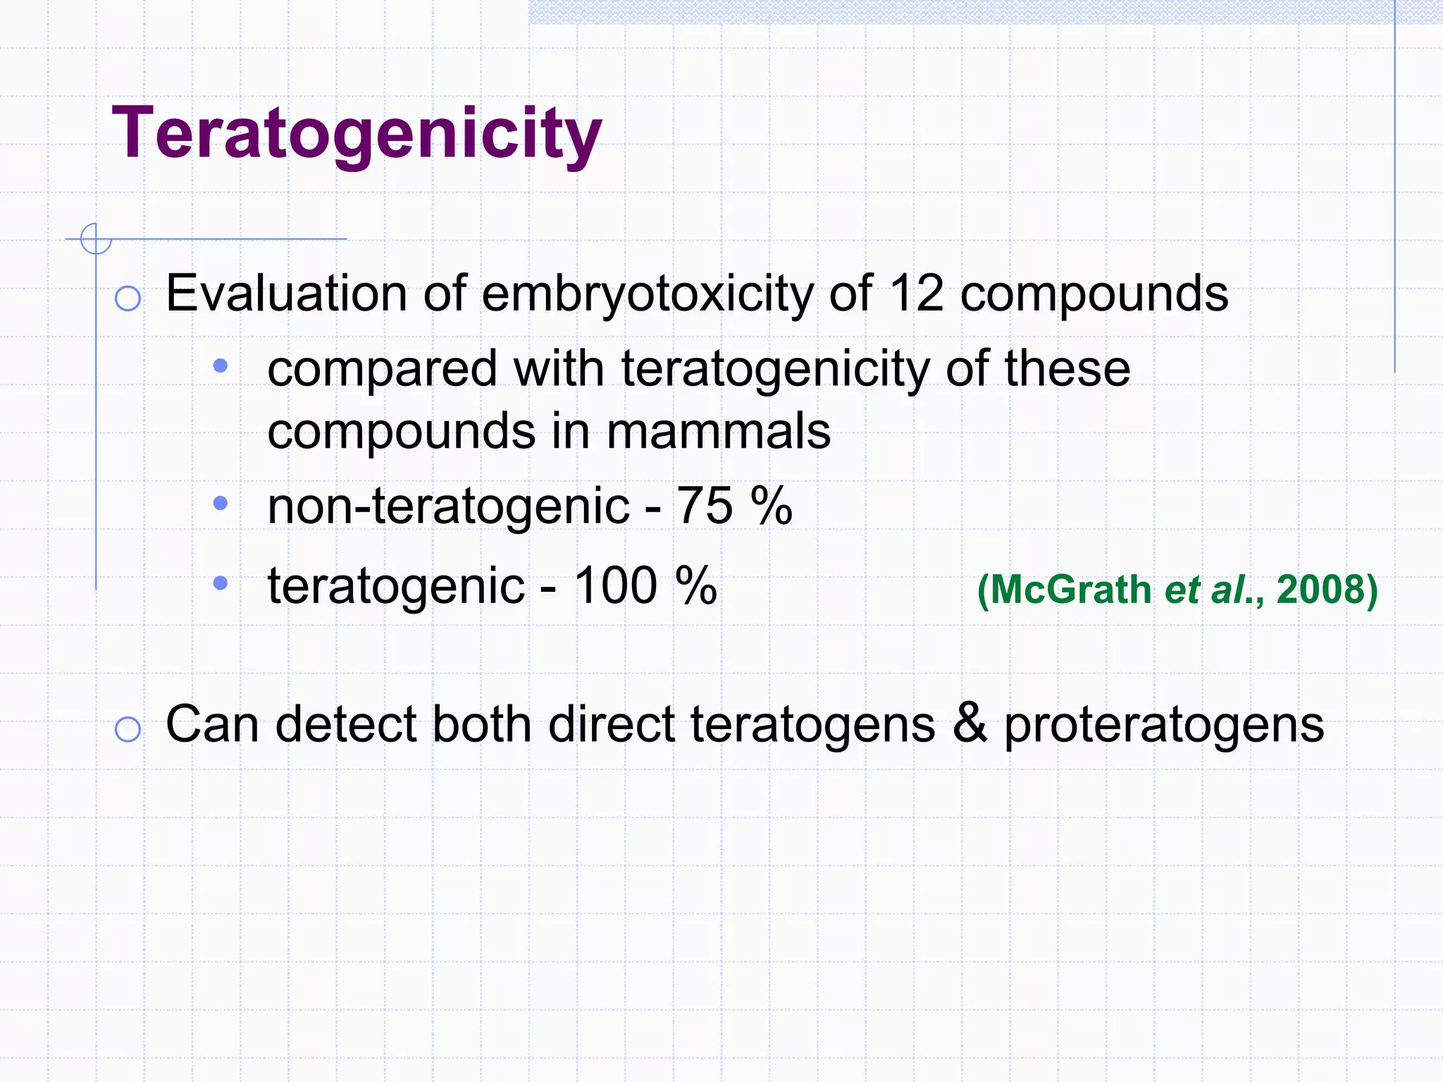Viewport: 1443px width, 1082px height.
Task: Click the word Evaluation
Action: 286,293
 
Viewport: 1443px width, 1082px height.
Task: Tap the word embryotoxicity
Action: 647,293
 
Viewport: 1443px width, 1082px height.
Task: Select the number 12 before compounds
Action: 916,293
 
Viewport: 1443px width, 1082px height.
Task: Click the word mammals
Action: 718,431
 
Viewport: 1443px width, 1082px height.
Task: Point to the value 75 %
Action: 734,506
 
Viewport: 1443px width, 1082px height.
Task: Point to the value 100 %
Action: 645,585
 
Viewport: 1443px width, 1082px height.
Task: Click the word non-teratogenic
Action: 448,506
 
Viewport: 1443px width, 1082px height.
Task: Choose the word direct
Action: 611,724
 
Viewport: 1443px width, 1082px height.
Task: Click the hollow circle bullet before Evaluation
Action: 128,298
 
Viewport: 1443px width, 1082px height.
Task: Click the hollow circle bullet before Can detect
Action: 128,728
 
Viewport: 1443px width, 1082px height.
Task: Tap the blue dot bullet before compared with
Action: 221,366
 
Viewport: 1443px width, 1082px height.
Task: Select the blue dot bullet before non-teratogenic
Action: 221,503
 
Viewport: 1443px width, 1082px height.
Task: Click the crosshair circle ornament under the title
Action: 96,239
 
